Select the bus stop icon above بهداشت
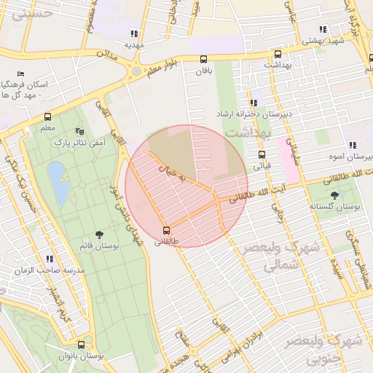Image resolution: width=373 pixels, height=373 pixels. (x=278, y=54)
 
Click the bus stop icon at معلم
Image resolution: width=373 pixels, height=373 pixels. (x=48, y=117)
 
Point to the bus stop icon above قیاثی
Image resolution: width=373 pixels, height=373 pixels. (x=262, y=154)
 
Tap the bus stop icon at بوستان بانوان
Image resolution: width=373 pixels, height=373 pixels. (x=81, y=345)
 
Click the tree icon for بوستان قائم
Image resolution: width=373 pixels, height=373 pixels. (x=99, y=235)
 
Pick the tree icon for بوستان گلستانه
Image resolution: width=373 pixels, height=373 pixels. (x=334, y=195)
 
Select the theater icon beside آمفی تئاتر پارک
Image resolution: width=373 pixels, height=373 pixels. (x=79, y=131)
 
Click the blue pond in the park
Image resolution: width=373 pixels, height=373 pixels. (x=58, y=182)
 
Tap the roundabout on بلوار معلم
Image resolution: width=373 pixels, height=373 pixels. (x=136, y=71)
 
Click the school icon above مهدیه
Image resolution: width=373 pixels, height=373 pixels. (x=134, y=33)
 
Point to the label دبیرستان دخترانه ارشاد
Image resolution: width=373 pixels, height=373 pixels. (x=245, y=115)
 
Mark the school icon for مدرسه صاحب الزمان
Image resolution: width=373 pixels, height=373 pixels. (x=50, y=259)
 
